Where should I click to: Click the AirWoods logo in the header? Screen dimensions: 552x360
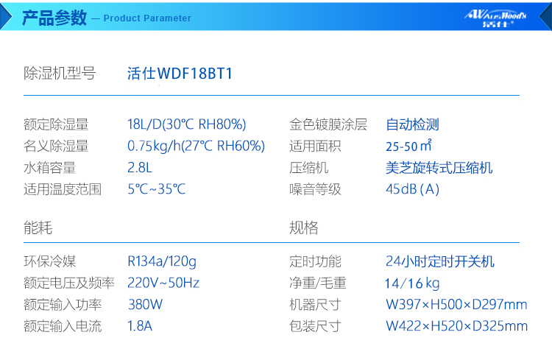[495, 18]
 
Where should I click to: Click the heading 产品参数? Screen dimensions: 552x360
[54, 18]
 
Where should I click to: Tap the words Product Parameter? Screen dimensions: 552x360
[147, 18]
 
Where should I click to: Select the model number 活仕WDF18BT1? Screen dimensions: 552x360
[180, 74]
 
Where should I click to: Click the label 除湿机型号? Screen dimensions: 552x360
[60, 74]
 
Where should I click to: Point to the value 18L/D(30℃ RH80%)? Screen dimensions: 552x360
[187, 124]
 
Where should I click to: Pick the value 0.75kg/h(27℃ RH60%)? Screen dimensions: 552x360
[196, 147]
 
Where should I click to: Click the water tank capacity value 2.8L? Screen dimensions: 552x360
[140, 168]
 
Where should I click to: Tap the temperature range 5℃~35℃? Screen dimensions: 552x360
[156, 189]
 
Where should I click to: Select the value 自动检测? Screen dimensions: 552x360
[412, 124]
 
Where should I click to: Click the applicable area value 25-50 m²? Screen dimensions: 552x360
[408, 146]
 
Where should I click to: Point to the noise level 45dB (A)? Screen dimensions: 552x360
[413, 189]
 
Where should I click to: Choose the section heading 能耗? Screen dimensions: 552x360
[38, 227]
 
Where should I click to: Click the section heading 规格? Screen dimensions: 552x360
[304, 227]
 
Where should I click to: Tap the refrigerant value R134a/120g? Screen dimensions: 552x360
[162, 262]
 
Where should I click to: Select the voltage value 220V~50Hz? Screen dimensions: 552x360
[163, 283]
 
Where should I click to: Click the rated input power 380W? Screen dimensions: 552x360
[146, 305]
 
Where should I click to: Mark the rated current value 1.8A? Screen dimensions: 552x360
[140, 326]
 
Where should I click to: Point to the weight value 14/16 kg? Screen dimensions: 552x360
[412, 283]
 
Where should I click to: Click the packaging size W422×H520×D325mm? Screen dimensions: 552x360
[456, 326]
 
